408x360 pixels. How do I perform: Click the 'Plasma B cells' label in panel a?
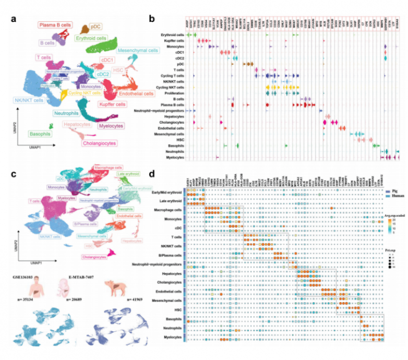pos(55,25)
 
